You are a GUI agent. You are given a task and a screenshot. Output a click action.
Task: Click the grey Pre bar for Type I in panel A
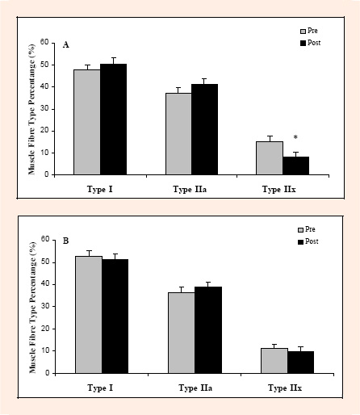(87, 122)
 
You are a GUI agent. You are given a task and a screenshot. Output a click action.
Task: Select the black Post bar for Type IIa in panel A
(205, 129)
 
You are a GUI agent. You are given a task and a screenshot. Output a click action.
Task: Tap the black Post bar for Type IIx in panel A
(296, 166)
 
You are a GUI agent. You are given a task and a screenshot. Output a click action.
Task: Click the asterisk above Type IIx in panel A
(295, 137)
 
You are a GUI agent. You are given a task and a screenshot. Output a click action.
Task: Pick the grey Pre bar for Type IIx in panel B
(274, 361)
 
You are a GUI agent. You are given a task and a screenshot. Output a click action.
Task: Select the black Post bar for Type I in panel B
(115, 316)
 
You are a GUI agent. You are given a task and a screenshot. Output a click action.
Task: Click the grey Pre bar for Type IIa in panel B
(182, 333)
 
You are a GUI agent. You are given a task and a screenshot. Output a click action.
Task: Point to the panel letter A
(65, 44)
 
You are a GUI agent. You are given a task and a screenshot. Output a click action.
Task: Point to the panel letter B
(65, 241)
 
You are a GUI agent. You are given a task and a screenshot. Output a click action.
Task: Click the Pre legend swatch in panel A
(303, 31)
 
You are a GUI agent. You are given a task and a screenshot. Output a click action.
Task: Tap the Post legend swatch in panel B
(300, 241)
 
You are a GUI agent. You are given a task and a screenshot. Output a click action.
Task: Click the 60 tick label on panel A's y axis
(44, 42)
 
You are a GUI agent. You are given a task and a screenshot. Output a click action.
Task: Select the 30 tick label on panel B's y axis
(45, 306)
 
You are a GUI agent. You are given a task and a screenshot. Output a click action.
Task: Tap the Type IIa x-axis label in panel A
(190, 189)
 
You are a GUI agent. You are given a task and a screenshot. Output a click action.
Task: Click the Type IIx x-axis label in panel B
(285, 388)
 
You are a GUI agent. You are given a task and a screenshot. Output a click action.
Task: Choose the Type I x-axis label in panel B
(100, 388)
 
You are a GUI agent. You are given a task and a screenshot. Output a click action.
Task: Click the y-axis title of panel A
(31, 109)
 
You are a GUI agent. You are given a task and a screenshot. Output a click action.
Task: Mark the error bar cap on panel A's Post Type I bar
(114, 57)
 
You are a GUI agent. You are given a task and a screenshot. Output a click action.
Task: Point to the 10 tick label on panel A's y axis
(44, 153)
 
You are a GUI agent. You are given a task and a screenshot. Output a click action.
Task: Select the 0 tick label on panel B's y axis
(48, 373)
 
